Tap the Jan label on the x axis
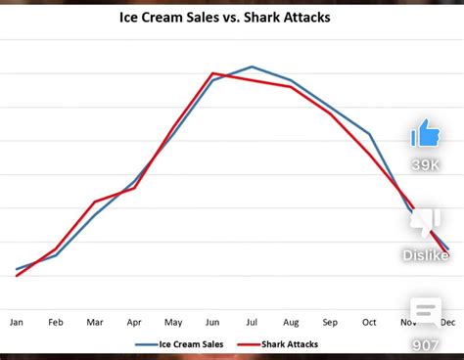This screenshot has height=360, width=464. click(17, 321)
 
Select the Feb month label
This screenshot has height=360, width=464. click(56, 321)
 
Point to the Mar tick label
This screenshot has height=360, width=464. click(95, 321)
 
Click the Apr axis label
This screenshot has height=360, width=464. click(134, 321)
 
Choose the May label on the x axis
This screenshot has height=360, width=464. click(173, 321)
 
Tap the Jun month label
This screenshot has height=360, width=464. click(212, 321)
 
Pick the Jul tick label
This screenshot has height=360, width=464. click(252, 321)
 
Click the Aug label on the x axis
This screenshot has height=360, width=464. click(291, 321)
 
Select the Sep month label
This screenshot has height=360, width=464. click(330, 321)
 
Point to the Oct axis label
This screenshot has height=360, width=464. click(369, 321)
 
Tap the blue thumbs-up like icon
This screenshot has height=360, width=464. click(426, 132)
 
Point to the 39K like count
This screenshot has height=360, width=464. click(426, 164)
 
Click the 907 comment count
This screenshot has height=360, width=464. click(426, 344)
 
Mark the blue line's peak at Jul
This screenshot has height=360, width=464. click(252, 67)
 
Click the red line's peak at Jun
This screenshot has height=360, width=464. click(212, 73)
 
